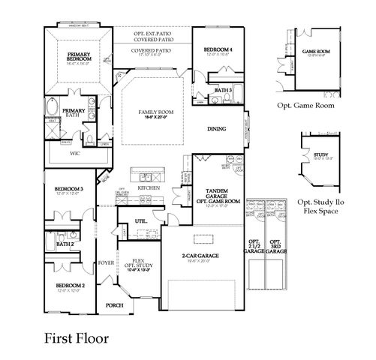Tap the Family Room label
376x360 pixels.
click(x=151, y=113)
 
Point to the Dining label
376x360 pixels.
click(x=218, y=129)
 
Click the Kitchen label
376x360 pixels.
click(x=149, y=187)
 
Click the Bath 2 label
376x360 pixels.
click(x=65, y=244)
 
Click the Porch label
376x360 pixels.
click(x=114, y=305)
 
